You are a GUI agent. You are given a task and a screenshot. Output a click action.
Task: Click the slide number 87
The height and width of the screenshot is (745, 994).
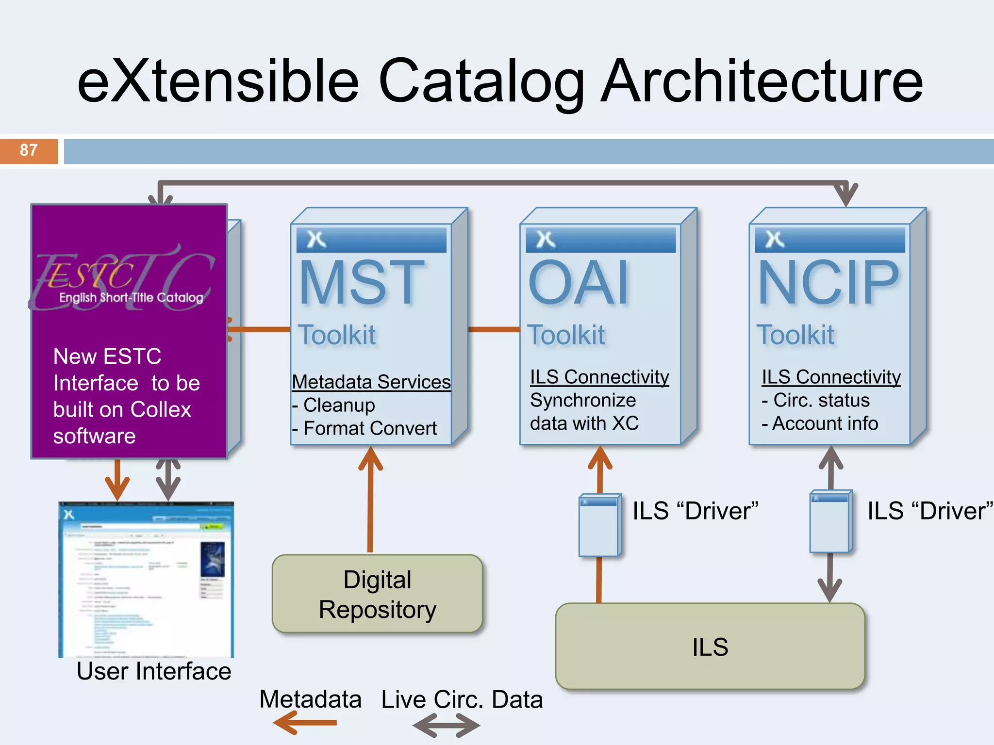click(29, 150)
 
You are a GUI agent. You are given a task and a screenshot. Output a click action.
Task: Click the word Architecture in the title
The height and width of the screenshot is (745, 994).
click(762, 81)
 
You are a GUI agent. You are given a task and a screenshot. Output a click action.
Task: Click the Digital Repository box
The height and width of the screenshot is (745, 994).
click(377, 594)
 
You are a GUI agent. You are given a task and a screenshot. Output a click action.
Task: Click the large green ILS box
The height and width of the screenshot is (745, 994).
click(710, 647)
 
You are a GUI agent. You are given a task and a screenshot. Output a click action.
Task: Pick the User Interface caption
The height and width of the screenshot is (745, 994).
click(153, 671)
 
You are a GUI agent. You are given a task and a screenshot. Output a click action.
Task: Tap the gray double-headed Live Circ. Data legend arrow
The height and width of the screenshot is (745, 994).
click(446, 726)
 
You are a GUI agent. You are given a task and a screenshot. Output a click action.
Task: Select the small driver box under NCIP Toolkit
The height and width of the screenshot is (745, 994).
click(830, 522)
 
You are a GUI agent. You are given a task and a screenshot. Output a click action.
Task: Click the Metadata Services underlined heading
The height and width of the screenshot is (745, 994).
click(371, 382)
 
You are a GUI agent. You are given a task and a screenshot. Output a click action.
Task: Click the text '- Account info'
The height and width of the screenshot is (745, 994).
click(820, 423)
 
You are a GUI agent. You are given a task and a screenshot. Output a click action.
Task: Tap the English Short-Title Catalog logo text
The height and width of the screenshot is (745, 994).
click(131, 297)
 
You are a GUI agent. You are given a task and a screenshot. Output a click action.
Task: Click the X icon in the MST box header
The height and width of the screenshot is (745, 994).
click(316, 239)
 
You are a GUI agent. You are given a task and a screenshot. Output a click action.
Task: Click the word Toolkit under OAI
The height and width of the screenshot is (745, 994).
click(566, 335)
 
